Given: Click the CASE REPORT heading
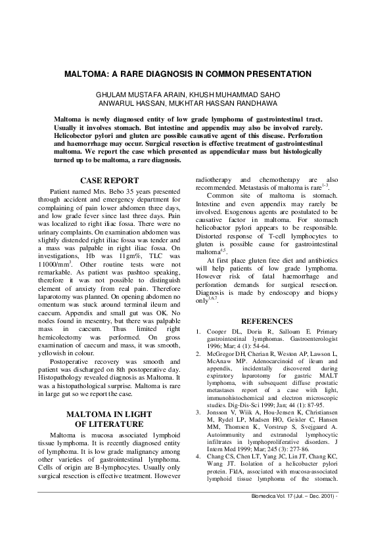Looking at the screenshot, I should point(109,181).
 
